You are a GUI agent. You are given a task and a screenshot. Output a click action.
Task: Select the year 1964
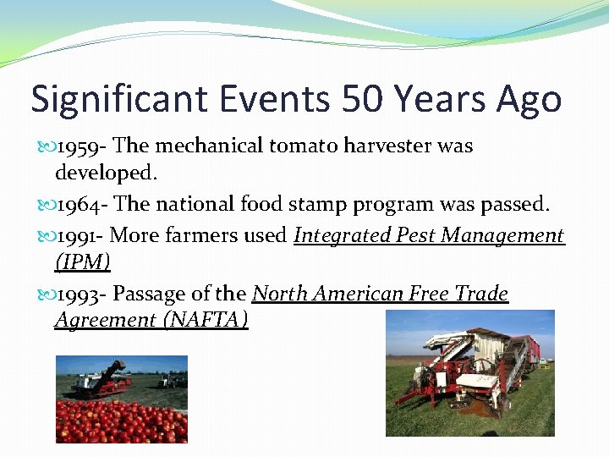tap(81, 204)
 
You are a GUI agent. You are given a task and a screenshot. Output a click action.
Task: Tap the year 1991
tap(80, 235)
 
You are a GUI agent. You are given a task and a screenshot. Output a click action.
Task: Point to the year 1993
tap(80, 294)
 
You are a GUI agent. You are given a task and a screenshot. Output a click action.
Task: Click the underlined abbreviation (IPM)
tap(82, 262)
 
